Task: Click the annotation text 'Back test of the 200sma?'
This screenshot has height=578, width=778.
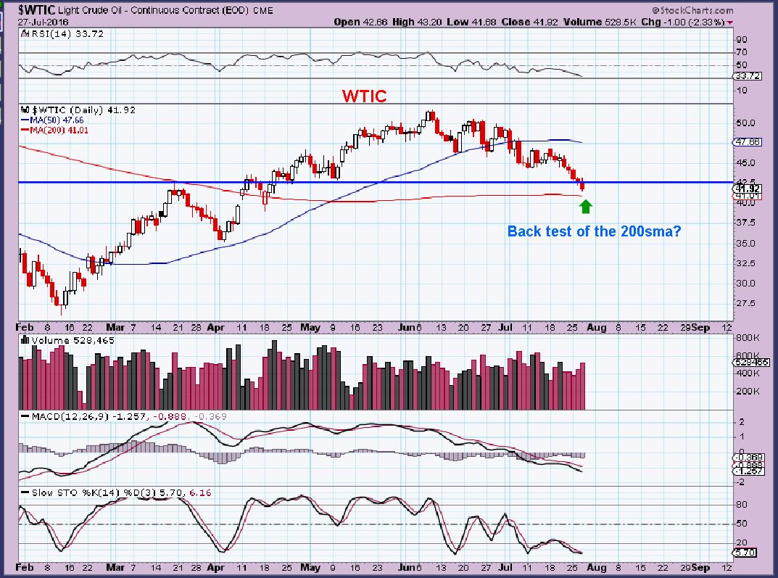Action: point(594,232)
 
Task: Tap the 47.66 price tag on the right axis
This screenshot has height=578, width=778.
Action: point(747,142)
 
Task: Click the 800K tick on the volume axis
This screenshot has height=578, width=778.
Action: point(746,338)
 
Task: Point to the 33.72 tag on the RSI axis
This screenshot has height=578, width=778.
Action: point(747,75)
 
